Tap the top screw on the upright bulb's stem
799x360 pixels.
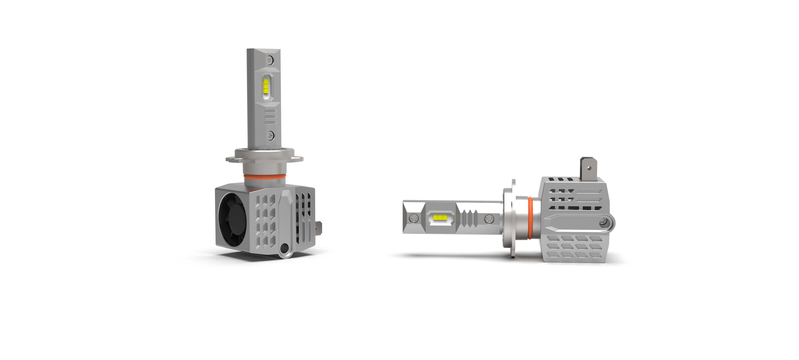coord(270,60)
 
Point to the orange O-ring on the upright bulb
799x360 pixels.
coord(264,177)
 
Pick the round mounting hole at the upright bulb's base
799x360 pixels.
coord(284,248)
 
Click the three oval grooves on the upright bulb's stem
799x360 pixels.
coord(270,116)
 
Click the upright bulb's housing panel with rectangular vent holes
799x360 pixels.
coord(265,220)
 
